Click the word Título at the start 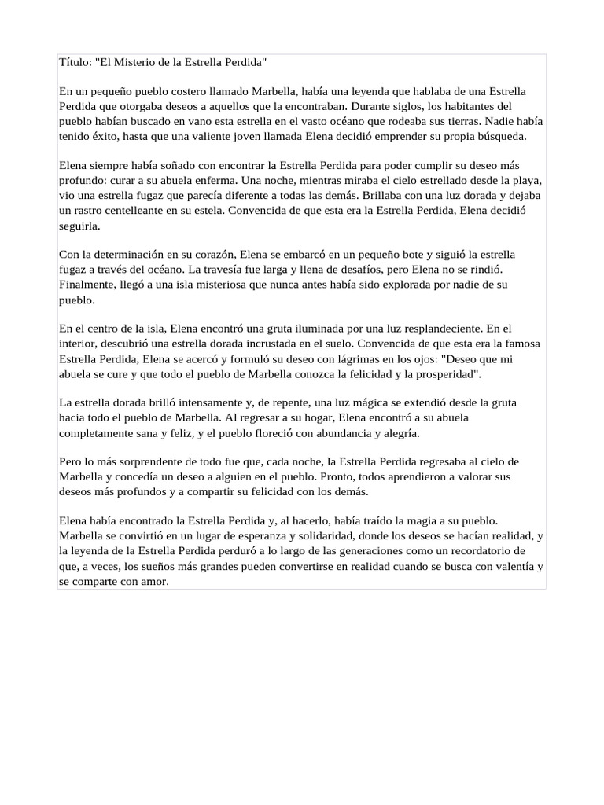tap(75, 62)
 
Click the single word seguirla tap(79, 225)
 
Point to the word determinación tap(120, 255)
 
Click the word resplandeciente tap(436, 329)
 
